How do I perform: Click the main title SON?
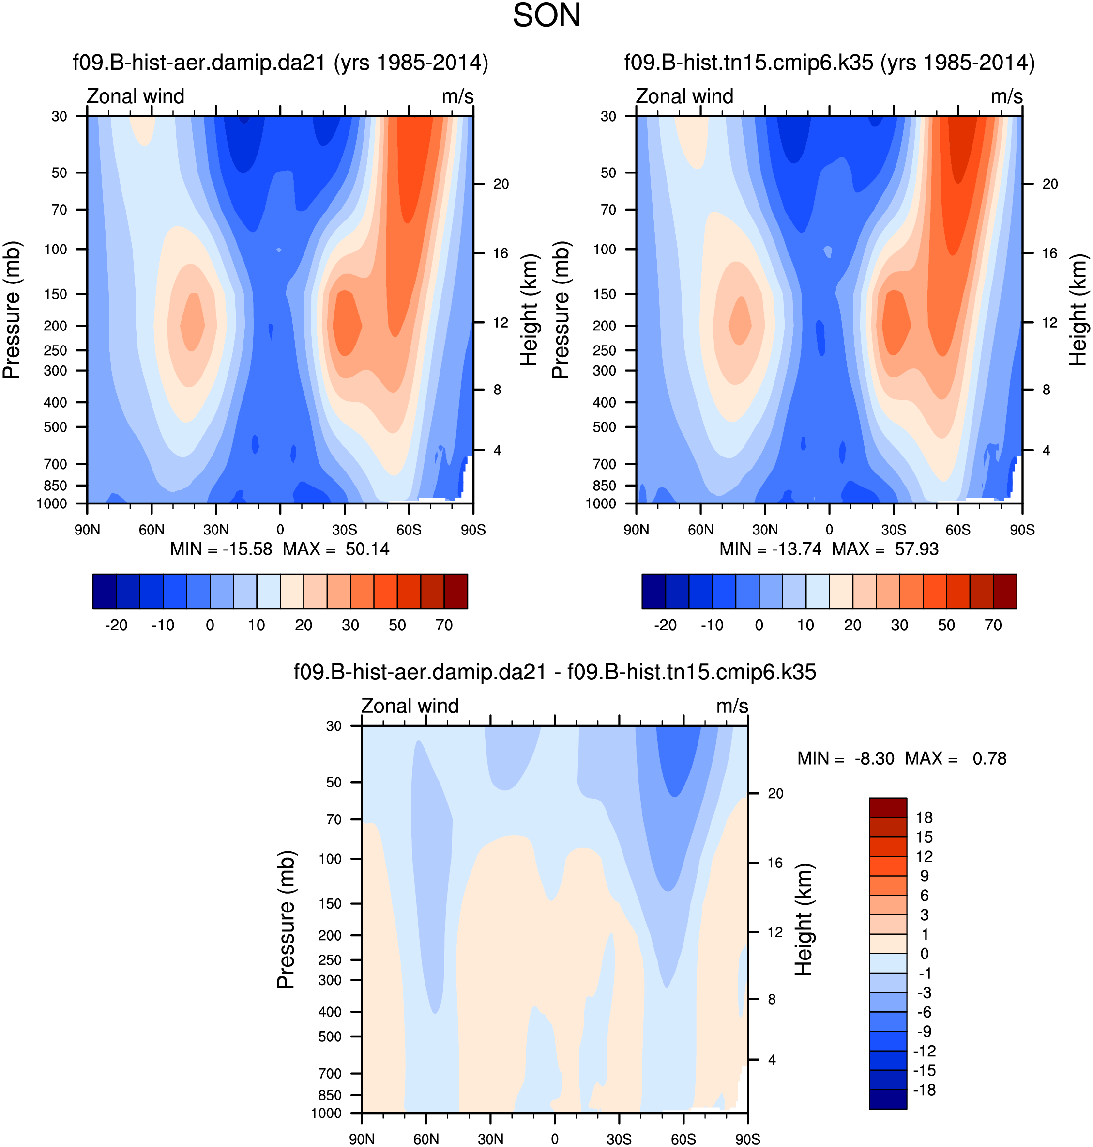pyautogui.click(x=546, y=16)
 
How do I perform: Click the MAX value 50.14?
pyautogui.click(x=367, y=550)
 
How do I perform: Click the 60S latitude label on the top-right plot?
pyautogui.click(x=958, y=530)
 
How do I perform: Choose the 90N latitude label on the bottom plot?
pyautogui.click(x=362, y=1139)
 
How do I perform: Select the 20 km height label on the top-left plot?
pyautogui.click(x=501, y=184)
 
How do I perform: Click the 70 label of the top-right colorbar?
pyautogui.click(x=993, y=626)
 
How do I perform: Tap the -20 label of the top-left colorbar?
pyautogui.click(x=116, y=626)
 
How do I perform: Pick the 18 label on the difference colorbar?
pyautogui.click(x=924, y=817)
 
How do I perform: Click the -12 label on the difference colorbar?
pyautogui.click(x=924, y=1051)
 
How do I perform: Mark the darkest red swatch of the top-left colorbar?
pyautogui.click(x=455, y=591)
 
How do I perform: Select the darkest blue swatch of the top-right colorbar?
pyautogui.click(x=653, y=591)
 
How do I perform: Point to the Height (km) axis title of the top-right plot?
pyautogui.click(x=1078, y=310)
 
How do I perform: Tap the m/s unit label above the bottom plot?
pyautogui.click(x=732, y=706)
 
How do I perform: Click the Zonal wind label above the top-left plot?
pyautogui.click(x=136, y=96)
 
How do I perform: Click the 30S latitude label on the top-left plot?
pyautogui.click(x=344, y=530)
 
